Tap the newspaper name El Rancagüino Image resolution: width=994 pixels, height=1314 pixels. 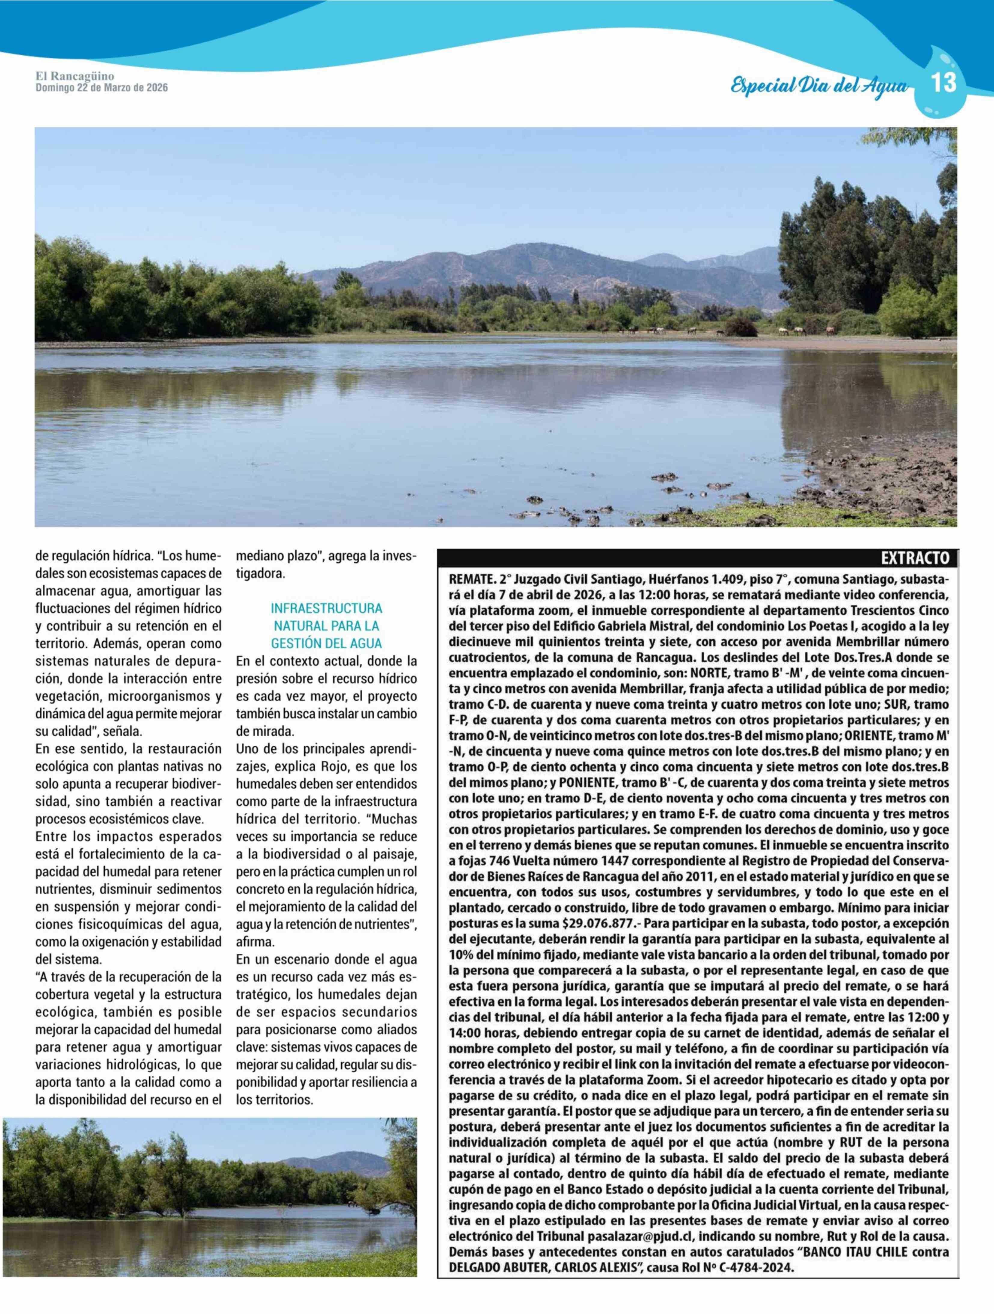75,77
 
